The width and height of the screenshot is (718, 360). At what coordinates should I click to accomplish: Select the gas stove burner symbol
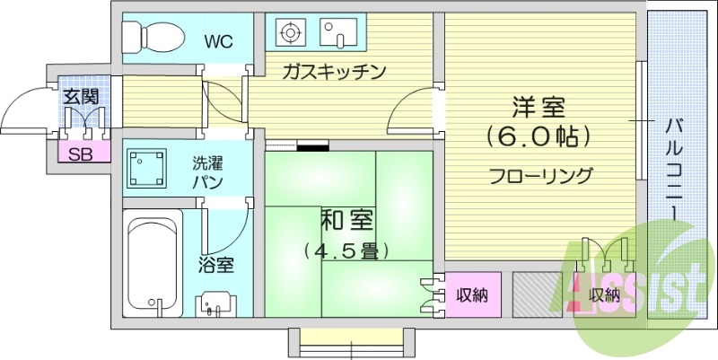[x=290, y=34]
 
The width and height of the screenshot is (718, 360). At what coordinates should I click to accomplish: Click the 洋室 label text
[x=538, y=106]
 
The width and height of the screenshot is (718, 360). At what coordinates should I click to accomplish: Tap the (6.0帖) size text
[x=538, y=136]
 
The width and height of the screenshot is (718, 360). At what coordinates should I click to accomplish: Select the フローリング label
[x=540, y=176]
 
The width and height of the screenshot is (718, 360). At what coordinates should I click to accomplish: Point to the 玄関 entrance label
[x=81, y=96]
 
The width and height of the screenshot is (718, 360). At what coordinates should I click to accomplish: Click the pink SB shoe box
[x=81, y=154]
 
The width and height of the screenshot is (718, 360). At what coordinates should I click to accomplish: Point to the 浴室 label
[x=216, y=265]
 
